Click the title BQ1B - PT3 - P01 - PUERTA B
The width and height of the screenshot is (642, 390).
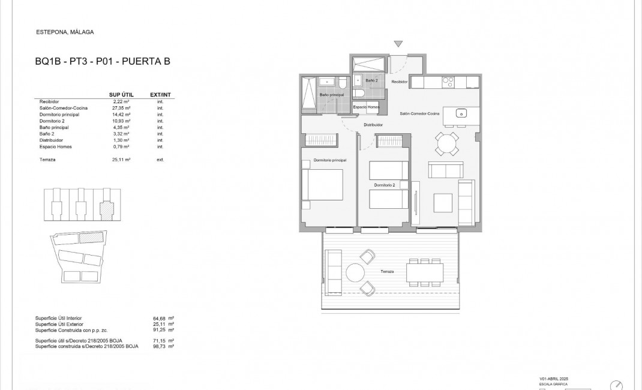tap(103, 61)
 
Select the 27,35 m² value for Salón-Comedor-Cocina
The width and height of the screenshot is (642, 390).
tap(122, 107)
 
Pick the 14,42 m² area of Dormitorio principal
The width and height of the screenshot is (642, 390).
tap(122, 114)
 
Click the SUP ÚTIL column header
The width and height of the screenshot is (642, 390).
tap(121, 95)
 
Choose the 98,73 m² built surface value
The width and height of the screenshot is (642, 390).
tap(163, 347)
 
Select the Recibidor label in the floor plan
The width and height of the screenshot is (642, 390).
tap(400, 81)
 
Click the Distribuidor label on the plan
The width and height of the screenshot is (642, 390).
tap(373, 125)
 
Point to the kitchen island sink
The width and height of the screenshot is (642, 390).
tap(463, 112)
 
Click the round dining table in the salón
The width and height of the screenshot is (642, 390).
tap(447, 144)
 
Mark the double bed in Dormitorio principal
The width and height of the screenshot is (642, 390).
tap(322, 185)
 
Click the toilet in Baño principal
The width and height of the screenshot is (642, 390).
tap(342, 83)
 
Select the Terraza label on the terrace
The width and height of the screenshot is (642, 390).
tap(387, 272)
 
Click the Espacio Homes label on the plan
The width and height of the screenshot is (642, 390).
tap(365, 107)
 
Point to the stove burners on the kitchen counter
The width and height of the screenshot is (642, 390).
tap(449, 81)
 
